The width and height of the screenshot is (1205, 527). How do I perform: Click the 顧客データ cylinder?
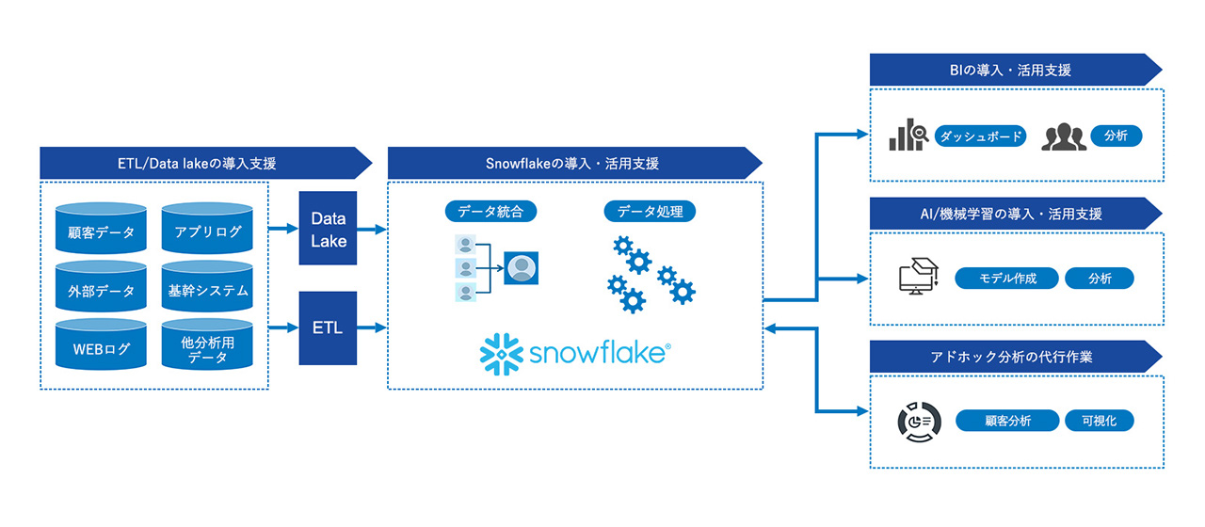102,232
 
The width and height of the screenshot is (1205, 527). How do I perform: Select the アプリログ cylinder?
208,232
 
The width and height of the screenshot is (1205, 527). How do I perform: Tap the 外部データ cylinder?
102,291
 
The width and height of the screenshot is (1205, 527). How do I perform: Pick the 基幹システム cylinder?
208,291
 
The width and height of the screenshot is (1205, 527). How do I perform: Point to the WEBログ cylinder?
102,350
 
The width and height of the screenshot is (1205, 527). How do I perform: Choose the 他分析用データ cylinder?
208,350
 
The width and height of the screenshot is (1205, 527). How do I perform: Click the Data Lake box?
329,230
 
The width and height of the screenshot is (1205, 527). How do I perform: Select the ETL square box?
329,328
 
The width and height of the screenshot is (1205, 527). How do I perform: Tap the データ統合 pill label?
490,212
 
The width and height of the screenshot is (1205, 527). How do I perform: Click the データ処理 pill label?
650,212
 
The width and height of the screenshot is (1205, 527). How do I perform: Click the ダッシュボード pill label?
980,136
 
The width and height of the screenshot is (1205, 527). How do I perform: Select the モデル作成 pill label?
1007,279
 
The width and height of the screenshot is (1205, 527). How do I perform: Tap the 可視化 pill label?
1099,421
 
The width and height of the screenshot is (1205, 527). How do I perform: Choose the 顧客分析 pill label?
1007,421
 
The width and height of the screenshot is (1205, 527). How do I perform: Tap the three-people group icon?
1063,137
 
